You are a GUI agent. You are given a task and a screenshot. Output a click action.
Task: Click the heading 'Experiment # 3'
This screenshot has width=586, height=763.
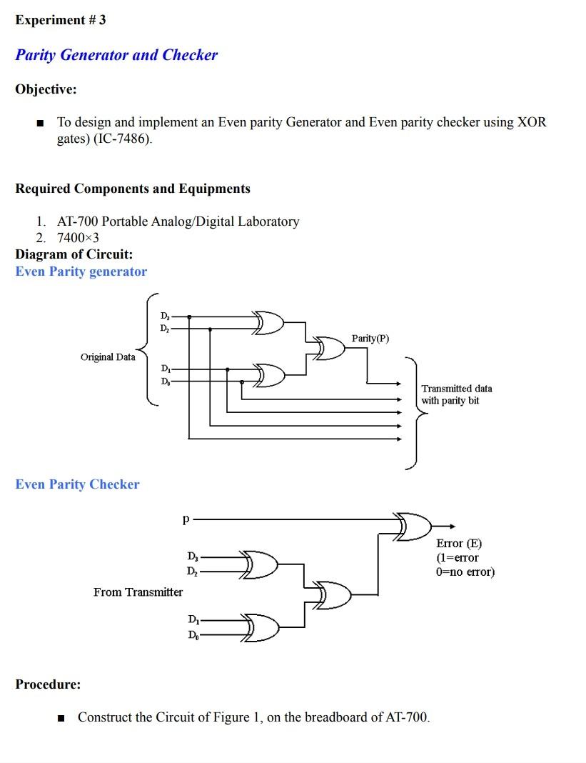coord(60,20)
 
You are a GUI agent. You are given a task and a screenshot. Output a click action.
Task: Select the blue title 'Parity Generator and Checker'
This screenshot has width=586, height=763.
coord(116,55)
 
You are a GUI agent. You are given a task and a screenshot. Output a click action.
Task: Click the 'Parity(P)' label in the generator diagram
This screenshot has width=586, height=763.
coord(370,338)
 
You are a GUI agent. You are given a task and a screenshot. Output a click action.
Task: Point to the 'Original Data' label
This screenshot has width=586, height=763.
coord(108,356)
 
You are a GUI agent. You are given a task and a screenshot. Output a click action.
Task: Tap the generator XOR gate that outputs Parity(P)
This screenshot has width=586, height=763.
coord(329,348)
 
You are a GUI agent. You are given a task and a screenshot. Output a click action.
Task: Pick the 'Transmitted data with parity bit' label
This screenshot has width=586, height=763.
coord(456,394)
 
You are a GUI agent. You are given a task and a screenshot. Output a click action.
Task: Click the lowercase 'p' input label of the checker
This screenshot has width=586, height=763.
coord(186,519)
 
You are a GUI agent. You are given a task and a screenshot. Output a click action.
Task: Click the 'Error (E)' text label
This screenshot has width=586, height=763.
coord(458,543)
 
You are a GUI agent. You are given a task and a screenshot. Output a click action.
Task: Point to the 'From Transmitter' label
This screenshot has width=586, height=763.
coord(138,592)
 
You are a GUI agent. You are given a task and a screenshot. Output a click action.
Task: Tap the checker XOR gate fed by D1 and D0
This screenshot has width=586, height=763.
coord(261,628)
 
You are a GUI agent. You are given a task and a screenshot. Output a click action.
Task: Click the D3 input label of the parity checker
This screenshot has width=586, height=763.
coord(193,557)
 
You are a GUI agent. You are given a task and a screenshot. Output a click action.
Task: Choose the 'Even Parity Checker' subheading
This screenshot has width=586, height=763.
coord(77,484)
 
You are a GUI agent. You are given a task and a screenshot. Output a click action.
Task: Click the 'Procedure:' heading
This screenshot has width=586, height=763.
coord(48,684)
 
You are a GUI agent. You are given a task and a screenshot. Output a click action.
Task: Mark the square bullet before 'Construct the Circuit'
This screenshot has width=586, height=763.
coord(61,718)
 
